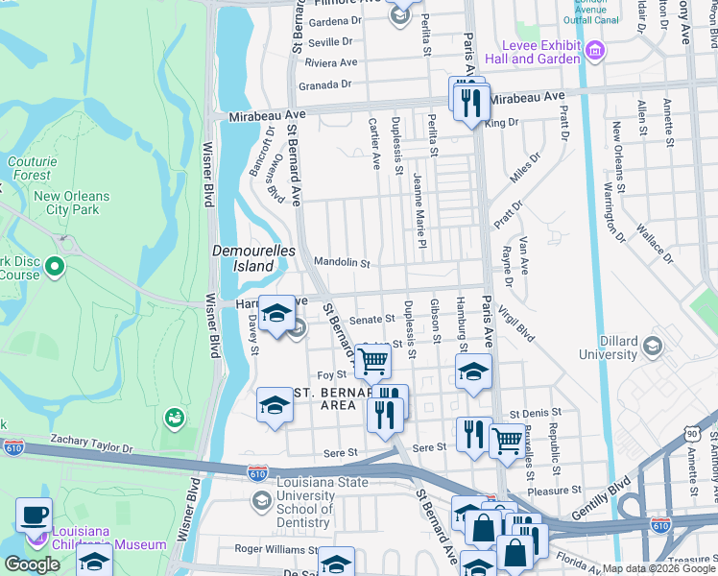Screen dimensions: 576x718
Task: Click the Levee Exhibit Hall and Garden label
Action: click(x=540, y=52)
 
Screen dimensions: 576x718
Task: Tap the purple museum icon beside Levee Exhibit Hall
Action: click(x=595, y=50)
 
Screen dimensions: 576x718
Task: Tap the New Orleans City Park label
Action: click(x=71, y=203)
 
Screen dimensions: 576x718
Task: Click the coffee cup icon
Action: click(x=34, y=514)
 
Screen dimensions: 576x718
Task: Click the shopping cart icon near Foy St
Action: click(x=371, y=362)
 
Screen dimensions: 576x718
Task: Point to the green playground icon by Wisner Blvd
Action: click(x=174, y=418)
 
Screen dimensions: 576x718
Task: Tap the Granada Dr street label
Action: click(x=324, y=84)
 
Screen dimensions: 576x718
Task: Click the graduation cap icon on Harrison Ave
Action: click(x=276, y=313)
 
